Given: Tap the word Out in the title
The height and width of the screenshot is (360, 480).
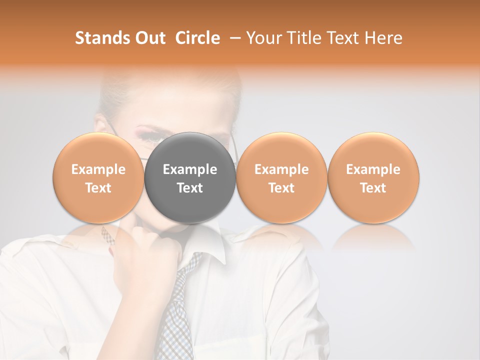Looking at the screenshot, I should (148, 38).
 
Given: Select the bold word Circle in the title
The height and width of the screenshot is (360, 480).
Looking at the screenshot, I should (197, 38).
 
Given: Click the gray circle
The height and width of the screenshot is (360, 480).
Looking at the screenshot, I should (190, 178).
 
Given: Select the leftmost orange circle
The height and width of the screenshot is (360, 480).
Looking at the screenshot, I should (98, 178).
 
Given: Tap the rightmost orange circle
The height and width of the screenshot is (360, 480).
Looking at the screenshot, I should (373, 178).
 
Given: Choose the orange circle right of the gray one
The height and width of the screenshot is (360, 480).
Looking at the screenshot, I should (281, 178).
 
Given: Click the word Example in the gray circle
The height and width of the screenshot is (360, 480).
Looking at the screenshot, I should (190, 169).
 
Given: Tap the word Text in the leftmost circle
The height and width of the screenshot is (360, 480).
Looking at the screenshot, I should (98, 188).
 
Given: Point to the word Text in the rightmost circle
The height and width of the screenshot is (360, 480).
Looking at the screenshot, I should (373, 188).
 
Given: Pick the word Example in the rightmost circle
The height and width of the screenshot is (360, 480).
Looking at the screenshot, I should (373, 169).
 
